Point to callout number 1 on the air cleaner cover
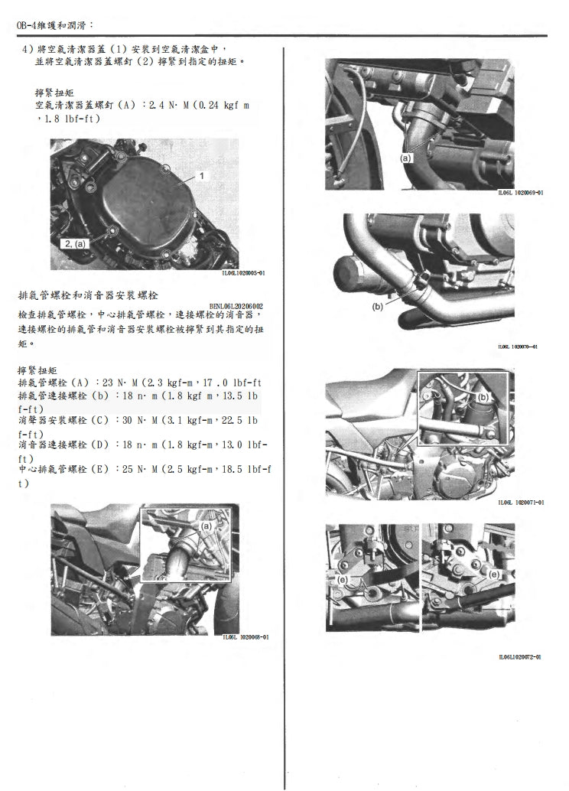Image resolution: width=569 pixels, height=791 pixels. coord(201,176)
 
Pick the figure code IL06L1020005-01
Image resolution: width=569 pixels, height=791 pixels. coord(242,272)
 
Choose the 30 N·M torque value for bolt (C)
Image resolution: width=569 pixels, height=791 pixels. coord(133,420)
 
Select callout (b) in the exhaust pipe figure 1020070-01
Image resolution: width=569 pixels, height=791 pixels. coord(378,306)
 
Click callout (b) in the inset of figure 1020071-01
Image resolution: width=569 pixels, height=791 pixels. coord(483,398)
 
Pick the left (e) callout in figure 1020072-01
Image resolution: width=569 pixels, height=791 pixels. coord(342,581)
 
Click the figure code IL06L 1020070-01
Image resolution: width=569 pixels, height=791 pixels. coord(517,347)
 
